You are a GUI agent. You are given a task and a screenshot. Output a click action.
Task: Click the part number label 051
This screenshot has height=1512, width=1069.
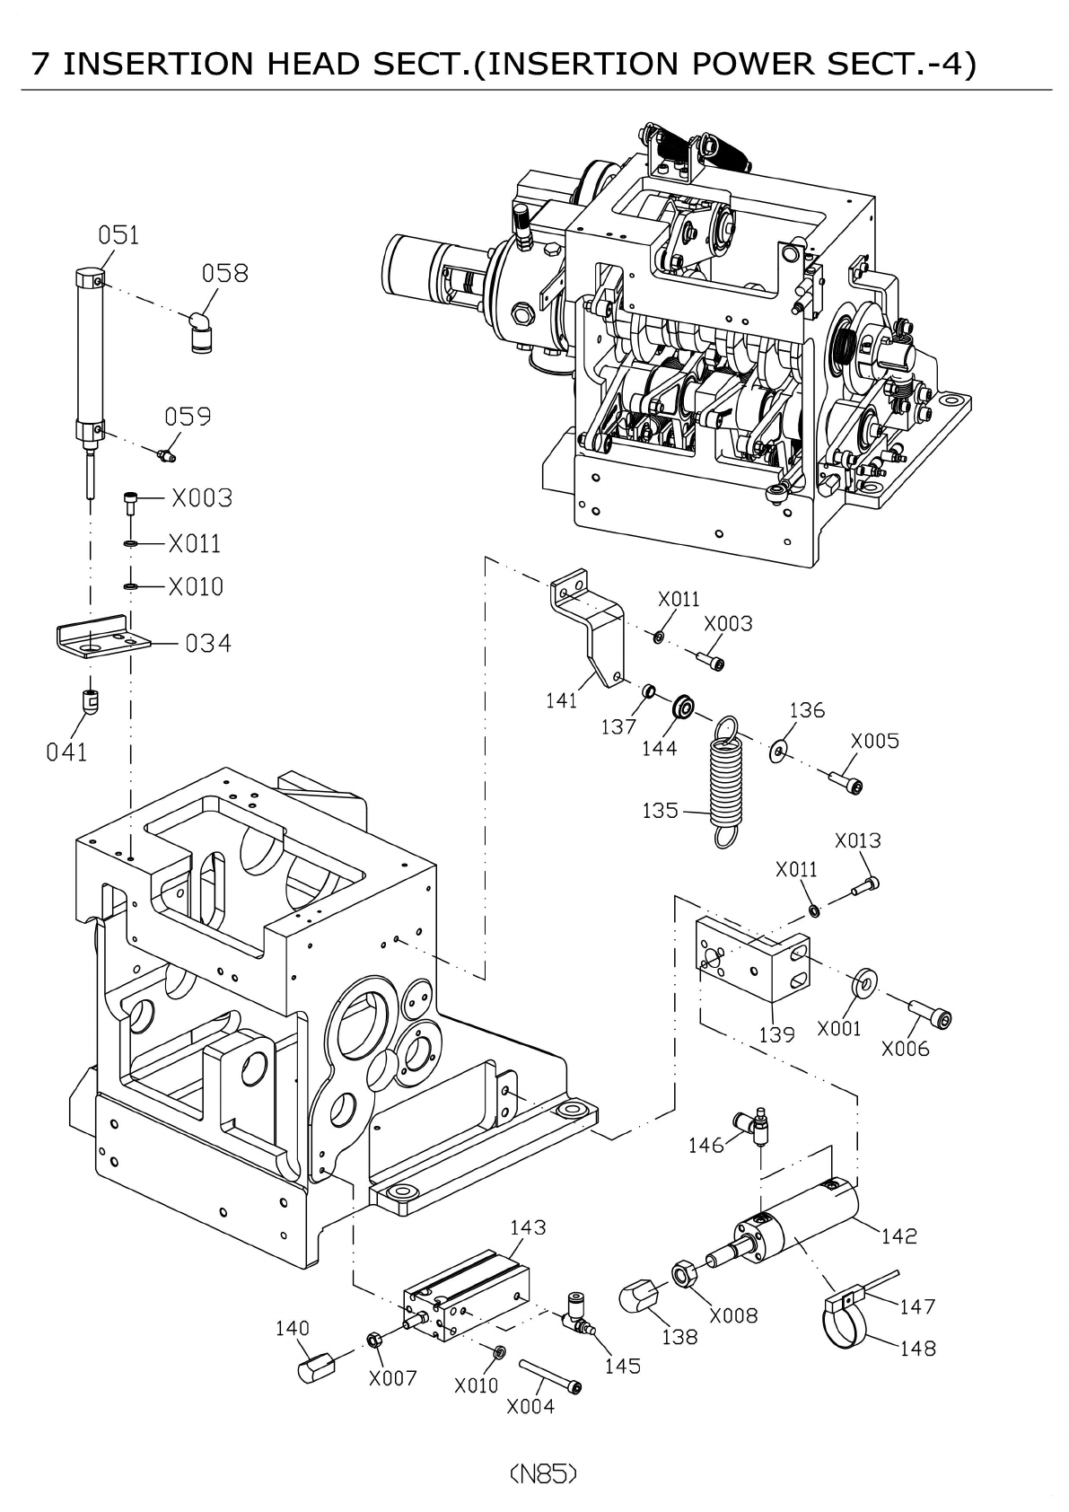click(x=118, y=235)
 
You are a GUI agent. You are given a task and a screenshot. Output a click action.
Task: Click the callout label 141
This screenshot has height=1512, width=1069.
click(x=562, y=700)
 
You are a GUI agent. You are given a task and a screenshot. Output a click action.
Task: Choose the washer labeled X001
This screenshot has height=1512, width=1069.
click(x=863, y=983)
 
